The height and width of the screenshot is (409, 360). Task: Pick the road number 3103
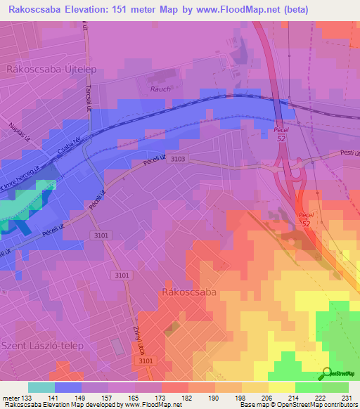pyautogui.click(x=177, y=160)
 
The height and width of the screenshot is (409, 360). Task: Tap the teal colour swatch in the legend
pyautogui.click(x=41, y=387)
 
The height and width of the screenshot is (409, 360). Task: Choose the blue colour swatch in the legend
pyautogui.click(x=68, y=387)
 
